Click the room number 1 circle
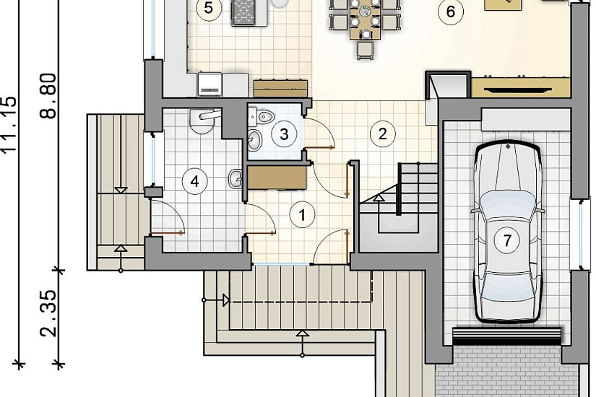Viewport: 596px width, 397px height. (302, 214)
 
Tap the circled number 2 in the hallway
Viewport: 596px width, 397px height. (382, 134)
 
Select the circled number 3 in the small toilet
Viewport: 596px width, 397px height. (285, 134)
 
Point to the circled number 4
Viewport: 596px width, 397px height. (194, 182)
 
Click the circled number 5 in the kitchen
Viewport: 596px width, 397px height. (208, 8)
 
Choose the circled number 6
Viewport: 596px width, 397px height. (450, 12)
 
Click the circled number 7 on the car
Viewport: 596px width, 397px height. (507, 240)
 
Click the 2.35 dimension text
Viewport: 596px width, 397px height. (48, 314)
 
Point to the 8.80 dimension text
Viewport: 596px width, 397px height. (48, 96)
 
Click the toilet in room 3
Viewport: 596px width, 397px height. (264, 117)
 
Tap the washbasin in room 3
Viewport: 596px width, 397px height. (254, 139)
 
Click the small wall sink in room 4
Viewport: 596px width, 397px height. (236, 178)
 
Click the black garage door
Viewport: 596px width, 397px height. (507, 336)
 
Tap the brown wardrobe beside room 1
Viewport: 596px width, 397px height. (277, 178)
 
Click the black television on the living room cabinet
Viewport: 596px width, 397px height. (518, 90)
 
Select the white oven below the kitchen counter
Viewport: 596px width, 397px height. (210, 84)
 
